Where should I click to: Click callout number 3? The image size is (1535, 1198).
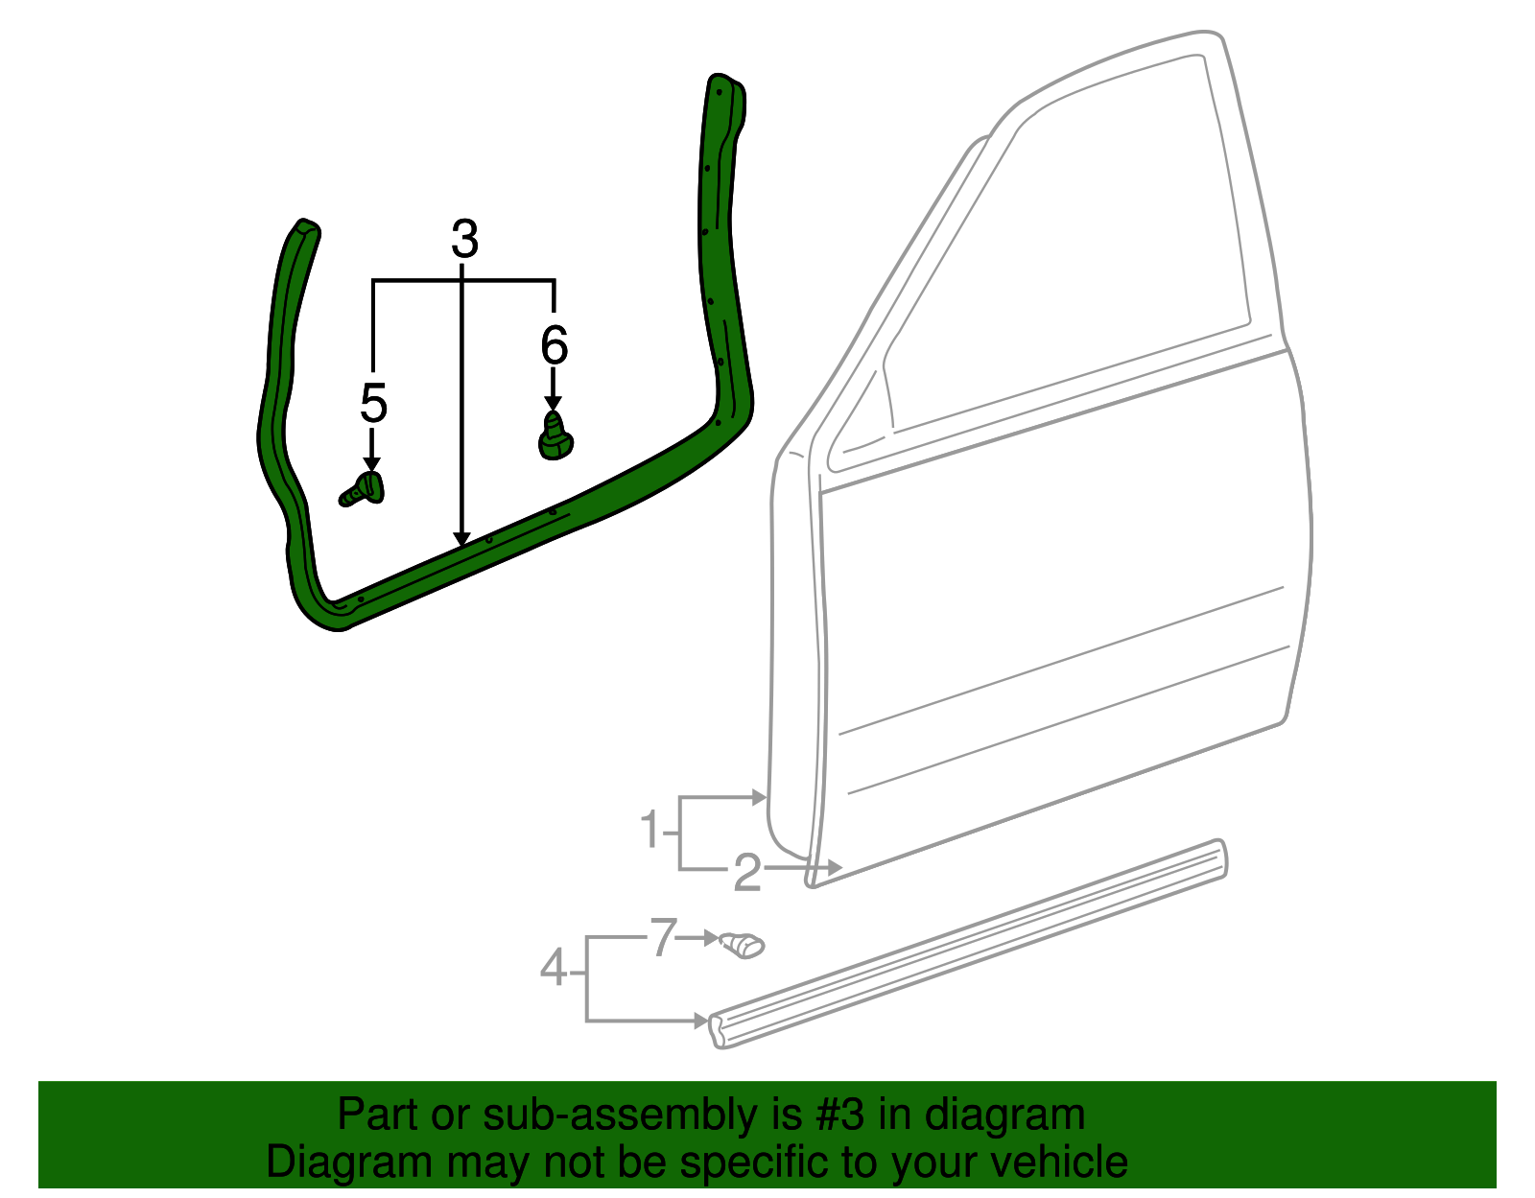pyautogui.click(x=464, y=239)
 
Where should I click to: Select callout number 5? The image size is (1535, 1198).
pyautogui.click(x=374, y=403)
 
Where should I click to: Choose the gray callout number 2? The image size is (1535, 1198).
pyautogui.click(x=748, y=872)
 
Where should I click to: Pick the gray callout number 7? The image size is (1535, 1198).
pyautogui.click(x=663, y=936)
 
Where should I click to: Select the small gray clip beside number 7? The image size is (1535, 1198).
pyautogui.click(x=742, y=945)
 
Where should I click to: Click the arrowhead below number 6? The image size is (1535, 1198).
pyautogui.click(x=554, y=404)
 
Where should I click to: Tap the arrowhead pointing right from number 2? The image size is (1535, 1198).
pyautogui.click(x=835, y=867)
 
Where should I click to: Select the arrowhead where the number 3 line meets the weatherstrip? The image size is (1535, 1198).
pyautogui.click(x=462, y=540)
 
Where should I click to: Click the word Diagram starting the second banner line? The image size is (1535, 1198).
pyautogui.click(x=348, y=1163)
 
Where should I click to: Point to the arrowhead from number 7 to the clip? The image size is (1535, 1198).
pyautogui.click(x=712, y=938)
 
